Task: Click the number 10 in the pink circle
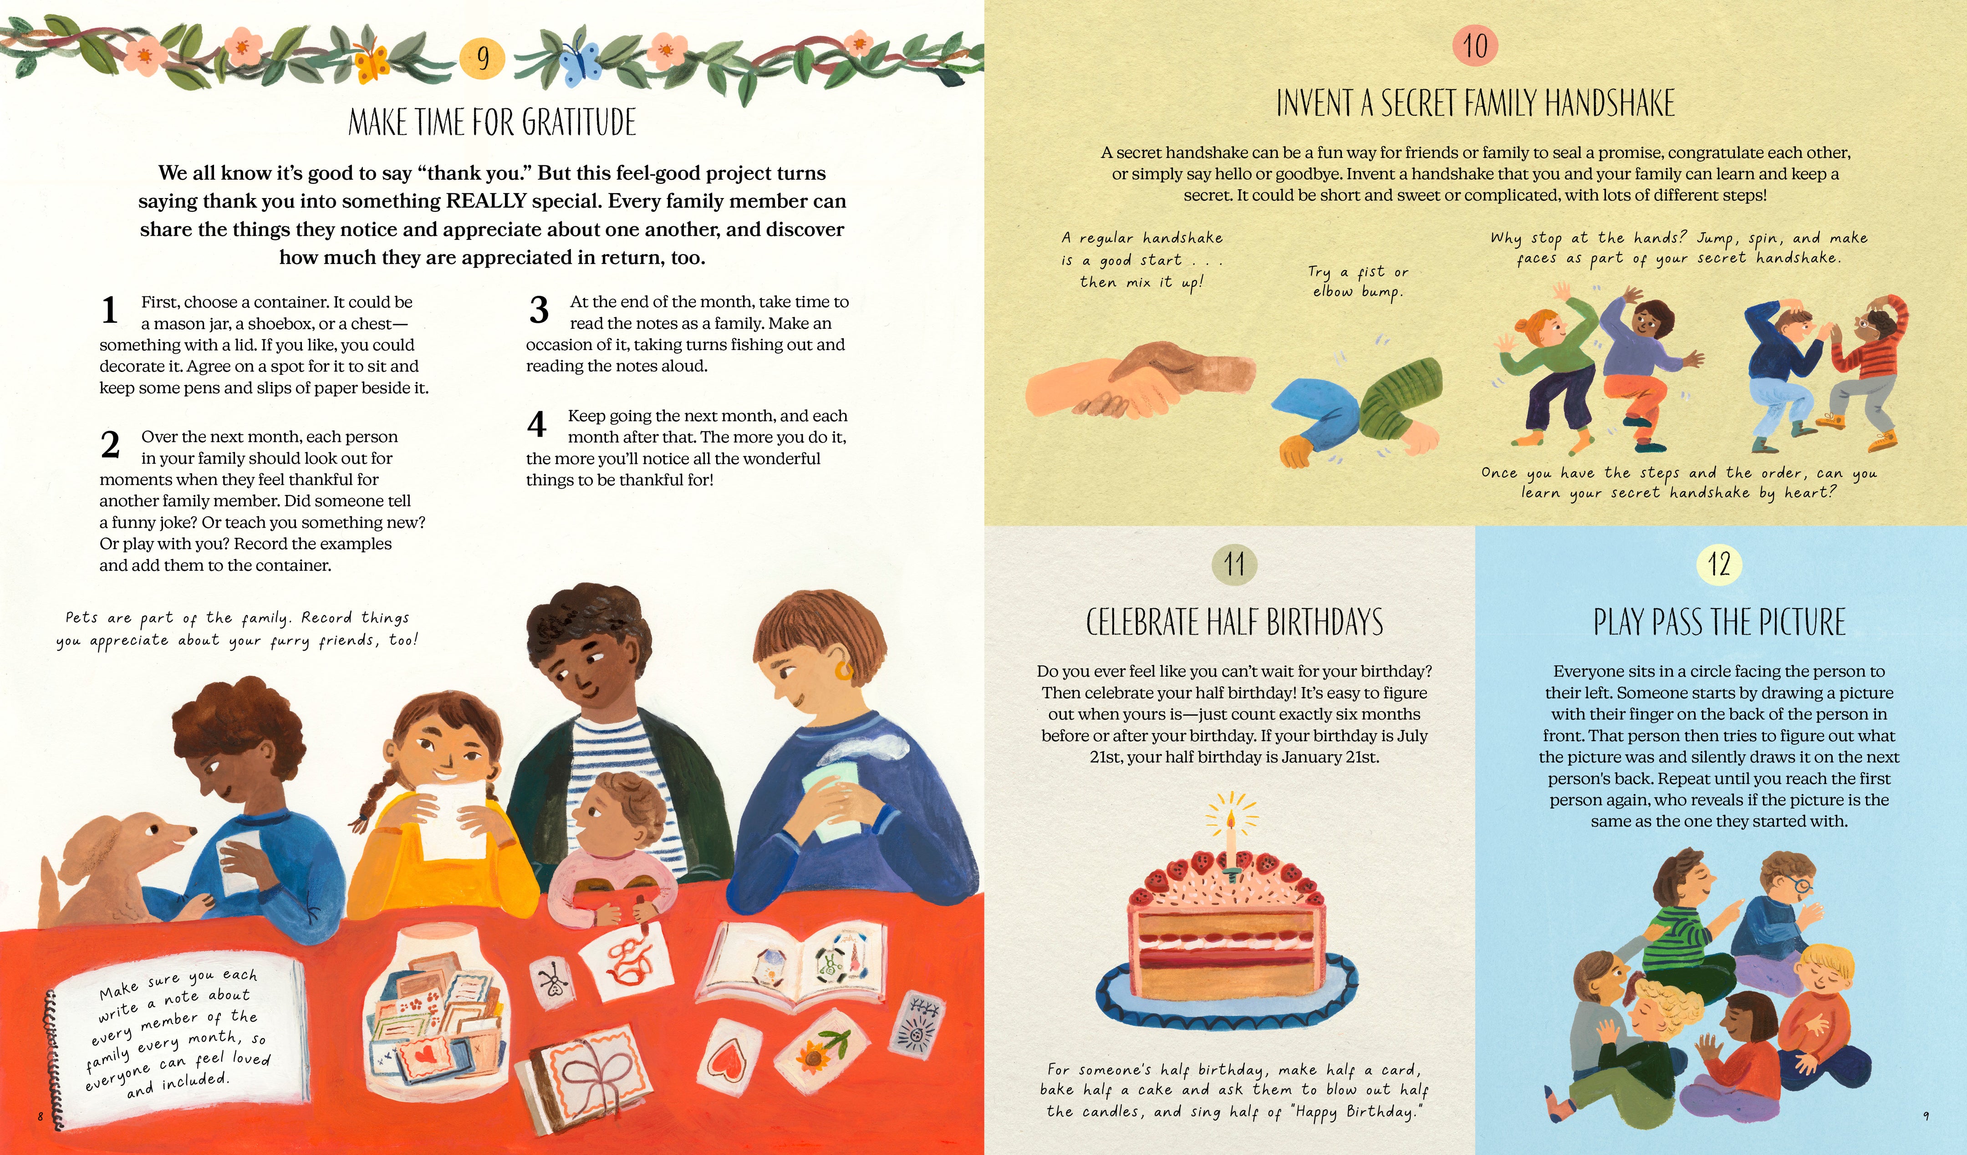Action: (1475, 45)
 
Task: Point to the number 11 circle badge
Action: (1235, 564)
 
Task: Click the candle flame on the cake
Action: (1231, 819)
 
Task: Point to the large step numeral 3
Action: (539, 310)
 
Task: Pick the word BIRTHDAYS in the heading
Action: (1325, 623)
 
